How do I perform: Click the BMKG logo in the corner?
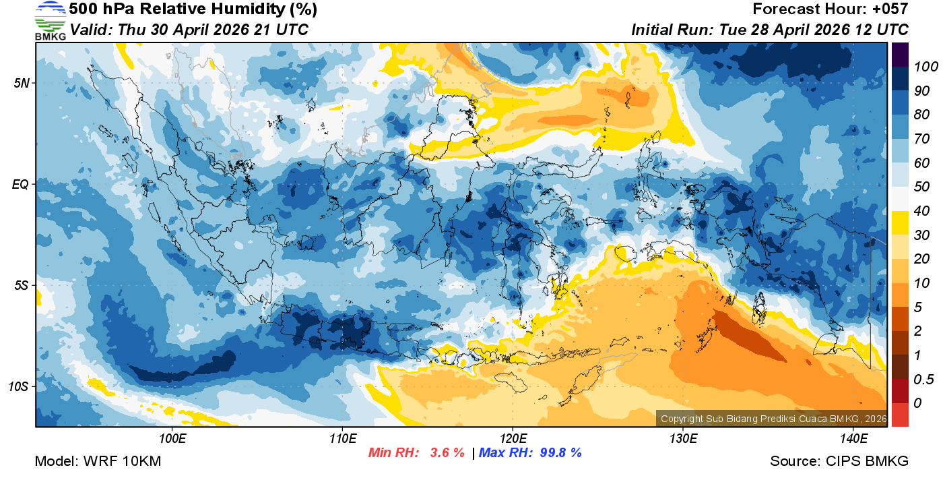point(50,21)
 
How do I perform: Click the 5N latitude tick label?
point(21,83)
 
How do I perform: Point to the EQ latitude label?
point(21,184)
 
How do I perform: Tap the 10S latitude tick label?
point(19,387)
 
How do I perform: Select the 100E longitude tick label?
point(172,439)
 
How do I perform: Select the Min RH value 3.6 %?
point(447,452)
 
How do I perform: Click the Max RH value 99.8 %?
point(560,452)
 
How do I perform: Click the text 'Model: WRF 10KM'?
point(98,461)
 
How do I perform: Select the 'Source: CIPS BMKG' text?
point(839,461)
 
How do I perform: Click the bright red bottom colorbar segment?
point(900,414)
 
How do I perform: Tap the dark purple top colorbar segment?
point(900,54)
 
